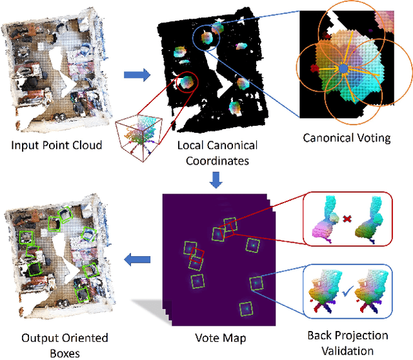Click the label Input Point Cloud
point(56,145)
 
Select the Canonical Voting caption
point(346,137)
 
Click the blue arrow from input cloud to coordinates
point(135,75)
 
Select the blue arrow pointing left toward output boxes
point(134,260)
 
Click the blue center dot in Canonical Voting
point(343,68)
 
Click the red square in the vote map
point(197,257)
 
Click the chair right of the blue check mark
point(374,294)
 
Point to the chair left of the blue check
point(321,294)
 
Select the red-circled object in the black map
point(187,82)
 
